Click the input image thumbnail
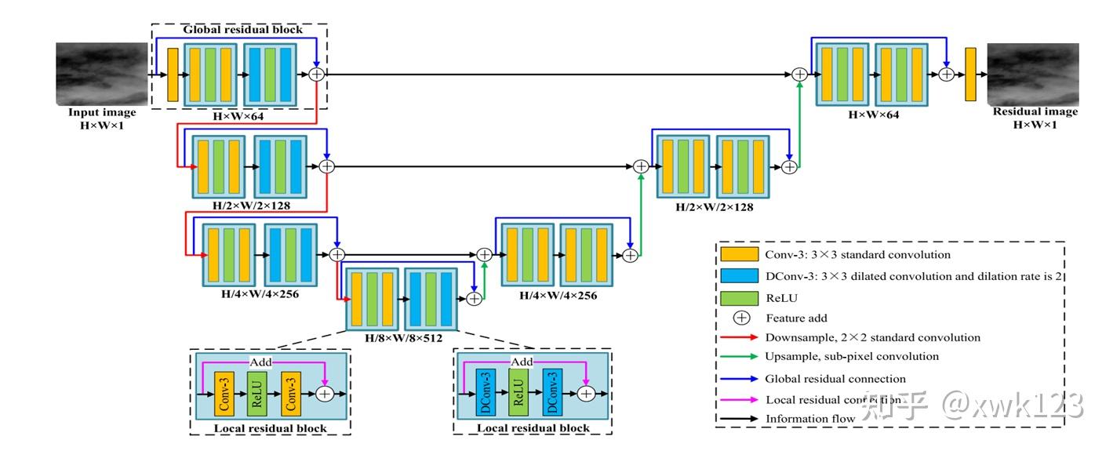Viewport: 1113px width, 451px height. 101,74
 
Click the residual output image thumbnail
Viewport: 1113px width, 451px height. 1032,74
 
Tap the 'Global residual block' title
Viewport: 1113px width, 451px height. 242,30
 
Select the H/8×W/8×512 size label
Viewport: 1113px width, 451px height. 403,338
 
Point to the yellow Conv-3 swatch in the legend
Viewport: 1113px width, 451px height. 740,254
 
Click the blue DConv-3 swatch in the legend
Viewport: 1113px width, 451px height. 740,276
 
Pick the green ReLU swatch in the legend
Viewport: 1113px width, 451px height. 740,298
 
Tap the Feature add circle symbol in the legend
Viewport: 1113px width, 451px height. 740,318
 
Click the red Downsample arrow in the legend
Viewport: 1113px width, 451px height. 740,338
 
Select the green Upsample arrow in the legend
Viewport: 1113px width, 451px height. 740,357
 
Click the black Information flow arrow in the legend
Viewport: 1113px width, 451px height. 740,419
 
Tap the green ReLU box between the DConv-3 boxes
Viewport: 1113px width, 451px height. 517,393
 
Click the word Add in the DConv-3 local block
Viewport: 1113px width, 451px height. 522,362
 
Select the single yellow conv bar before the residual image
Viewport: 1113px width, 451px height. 970,74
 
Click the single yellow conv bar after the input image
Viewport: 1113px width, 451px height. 173,74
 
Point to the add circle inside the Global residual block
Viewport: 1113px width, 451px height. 316,74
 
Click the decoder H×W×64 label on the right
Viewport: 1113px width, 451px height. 873,115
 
